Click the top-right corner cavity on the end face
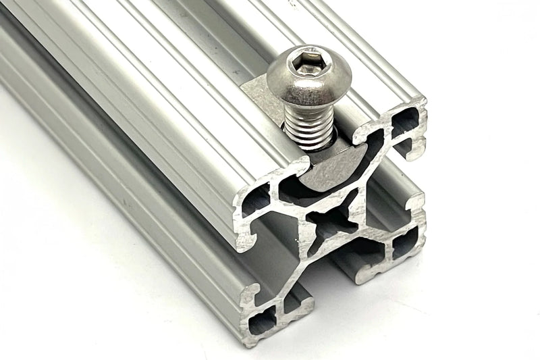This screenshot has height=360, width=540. click(405, 122)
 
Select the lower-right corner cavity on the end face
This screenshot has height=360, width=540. click(404, 244)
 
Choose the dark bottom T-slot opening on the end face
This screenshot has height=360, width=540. click(351, 257)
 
